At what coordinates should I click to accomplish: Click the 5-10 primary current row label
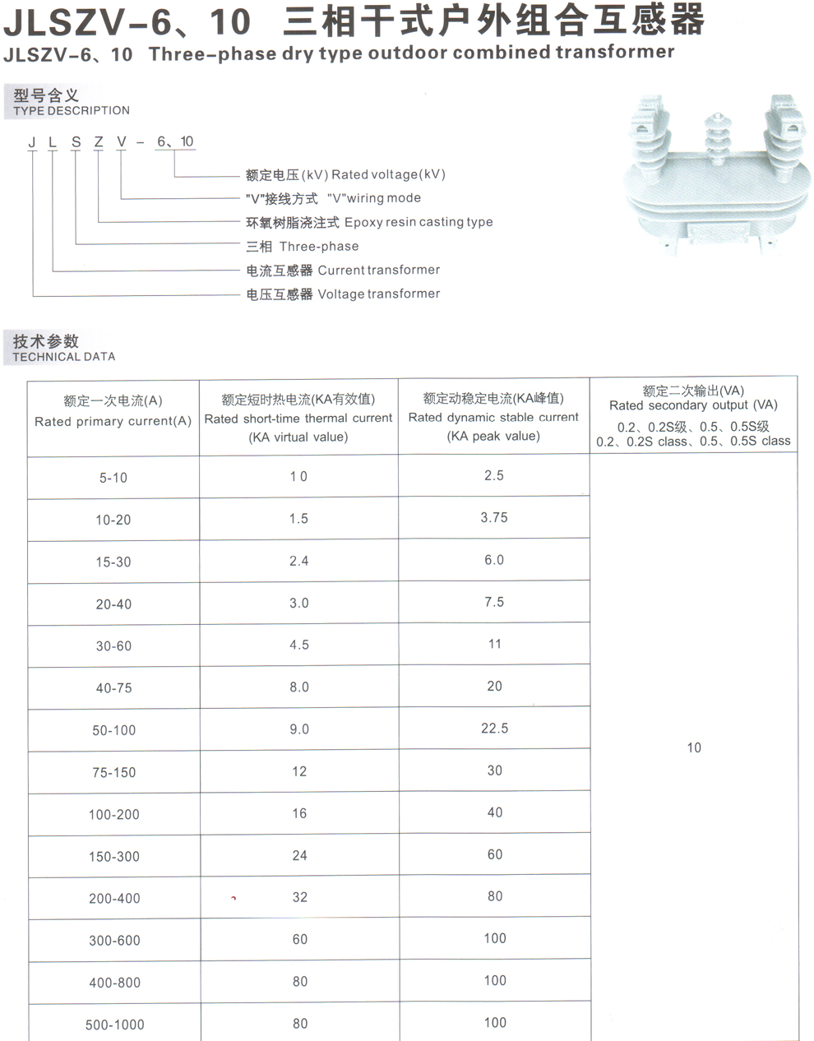(x=113, y=478)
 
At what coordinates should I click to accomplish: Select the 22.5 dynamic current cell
(x=494, y=729)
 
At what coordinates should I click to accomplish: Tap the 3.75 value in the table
(x=494, y=518)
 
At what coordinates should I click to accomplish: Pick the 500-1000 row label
(x=114, y=1025)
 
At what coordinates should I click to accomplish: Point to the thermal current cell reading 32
(x=299, y=897)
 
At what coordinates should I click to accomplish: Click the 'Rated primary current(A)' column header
(x=113, y=421)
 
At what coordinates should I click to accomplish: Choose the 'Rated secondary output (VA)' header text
(x=692, y=405)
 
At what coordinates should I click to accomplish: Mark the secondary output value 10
(x=694, y=747)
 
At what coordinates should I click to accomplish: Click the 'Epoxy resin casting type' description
(x=419, y=222)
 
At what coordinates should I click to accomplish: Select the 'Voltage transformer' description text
(x=378, y=294)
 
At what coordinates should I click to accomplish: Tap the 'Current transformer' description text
(x=378, y=270)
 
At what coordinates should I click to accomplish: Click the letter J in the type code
(x=32, y=142)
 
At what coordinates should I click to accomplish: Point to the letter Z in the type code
(x=99, y=142)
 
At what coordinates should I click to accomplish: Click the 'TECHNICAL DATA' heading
(x=64, y=357)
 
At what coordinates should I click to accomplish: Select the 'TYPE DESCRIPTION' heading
(x=72, y=110)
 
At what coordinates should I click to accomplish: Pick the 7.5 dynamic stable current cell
(x=494, y=602)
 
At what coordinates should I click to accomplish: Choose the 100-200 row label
(x=114, y=814)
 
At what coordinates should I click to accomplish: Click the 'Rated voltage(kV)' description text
(x=388, y=174)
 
